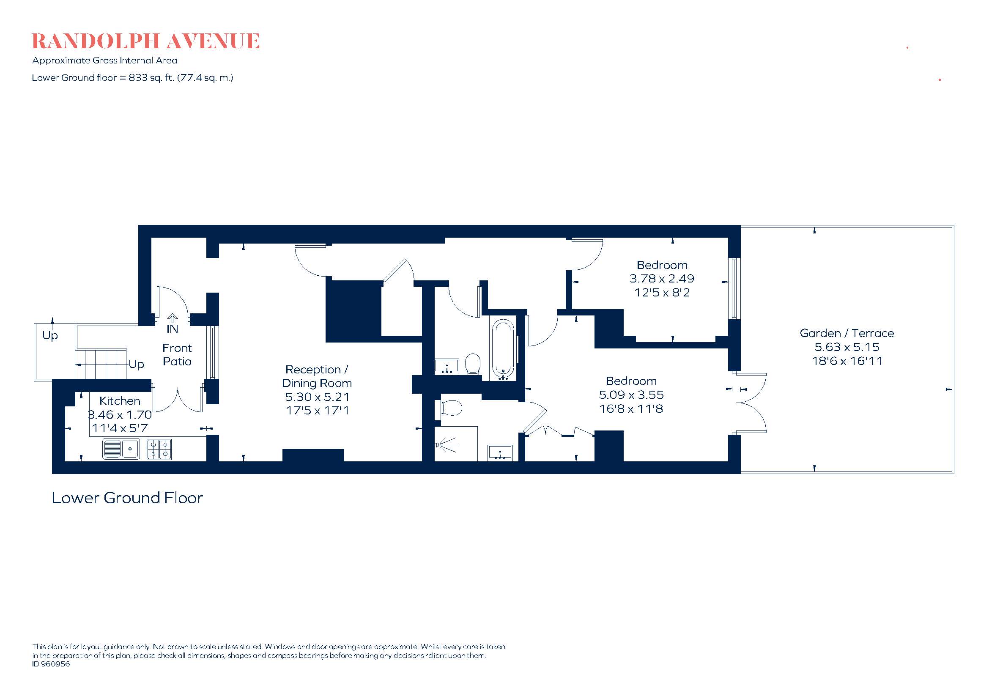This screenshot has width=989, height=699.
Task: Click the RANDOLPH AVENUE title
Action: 145,41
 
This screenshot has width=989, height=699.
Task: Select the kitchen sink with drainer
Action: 121,449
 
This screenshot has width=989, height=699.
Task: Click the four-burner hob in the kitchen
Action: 159,449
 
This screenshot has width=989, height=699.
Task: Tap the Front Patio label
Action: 177,354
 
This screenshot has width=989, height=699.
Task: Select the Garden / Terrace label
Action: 847,333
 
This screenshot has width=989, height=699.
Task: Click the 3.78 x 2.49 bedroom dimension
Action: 662,279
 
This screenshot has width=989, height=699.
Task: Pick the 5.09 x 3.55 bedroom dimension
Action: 631,395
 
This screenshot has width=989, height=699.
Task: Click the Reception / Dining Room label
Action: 317,376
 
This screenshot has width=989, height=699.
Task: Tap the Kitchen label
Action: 120,400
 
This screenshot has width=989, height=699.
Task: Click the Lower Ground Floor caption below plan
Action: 127,498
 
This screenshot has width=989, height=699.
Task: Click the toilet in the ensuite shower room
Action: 451,407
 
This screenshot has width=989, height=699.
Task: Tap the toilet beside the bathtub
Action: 473,364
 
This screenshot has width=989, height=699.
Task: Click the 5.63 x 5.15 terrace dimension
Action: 847,347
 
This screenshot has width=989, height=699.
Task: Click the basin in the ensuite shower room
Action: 500,452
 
